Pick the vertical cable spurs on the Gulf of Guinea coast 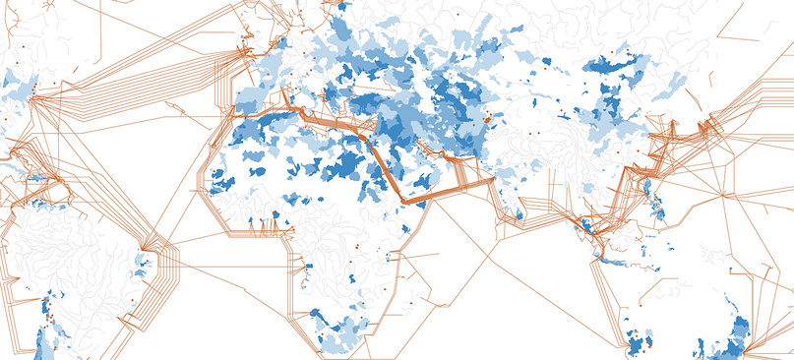pyautogui.click(x=258, y=227)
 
